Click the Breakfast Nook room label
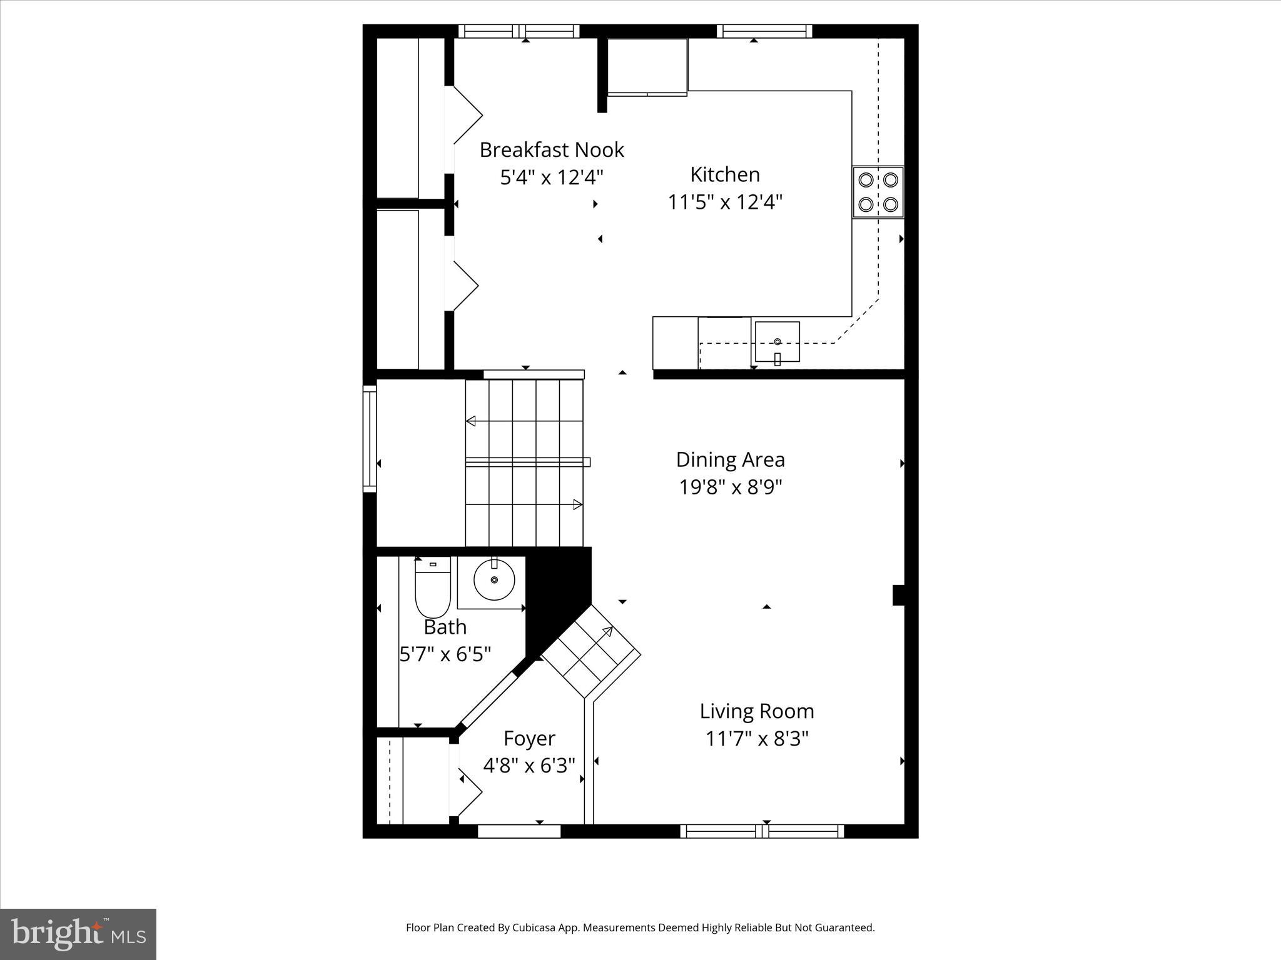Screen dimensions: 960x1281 tap(552, 150)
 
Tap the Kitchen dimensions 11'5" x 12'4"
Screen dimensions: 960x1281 tap(725, 202)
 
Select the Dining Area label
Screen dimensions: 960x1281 tap(730, 460)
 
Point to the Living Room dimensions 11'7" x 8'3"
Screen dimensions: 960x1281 tap(757, 739)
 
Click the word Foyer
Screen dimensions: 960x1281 tap(529, 739)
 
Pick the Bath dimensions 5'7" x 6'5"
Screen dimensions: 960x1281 tap(445, 654)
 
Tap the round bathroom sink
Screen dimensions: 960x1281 tap(494, 580)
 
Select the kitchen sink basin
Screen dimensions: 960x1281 tap(777, 342)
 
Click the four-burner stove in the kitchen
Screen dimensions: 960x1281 tap(878, 192)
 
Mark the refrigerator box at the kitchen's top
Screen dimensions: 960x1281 tap(647, 67)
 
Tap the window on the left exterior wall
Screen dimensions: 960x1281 tap(370, 438)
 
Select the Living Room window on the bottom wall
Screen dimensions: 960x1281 tap(762, 831)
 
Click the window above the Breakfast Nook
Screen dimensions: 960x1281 tap(519, 31)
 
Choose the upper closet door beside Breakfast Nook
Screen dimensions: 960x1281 tap(466, 115)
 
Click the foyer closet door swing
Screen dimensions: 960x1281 tap(469, 791)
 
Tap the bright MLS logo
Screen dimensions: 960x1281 tap(78, 934)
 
